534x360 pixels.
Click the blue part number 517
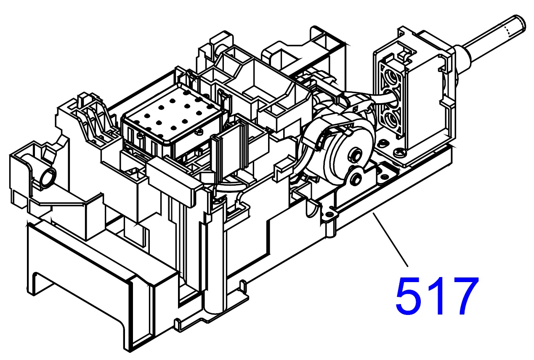[437, 296]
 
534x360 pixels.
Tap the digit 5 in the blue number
[409, 296]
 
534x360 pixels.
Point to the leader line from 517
[390, 239]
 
